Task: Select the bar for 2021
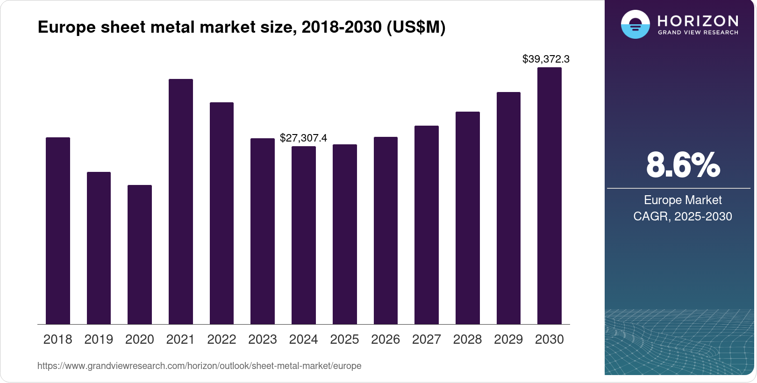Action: coord(180,202)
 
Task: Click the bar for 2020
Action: coord(139,255)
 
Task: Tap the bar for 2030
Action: coord(549,196)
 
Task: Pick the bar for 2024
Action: coord(303,235)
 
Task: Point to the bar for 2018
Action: coord(57,231)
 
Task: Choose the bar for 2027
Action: coord(426,225)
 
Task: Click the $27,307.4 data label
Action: coord(303,138)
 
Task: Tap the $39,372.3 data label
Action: coord(546,59)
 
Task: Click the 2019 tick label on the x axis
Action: coord(99,340)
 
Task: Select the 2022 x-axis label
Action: coord(221,340)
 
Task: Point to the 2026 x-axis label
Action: coord(385,340)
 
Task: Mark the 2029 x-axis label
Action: coord(508,340)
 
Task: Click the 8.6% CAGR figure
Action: coord(683,165)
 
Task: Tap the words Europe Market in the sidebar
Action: coord(683,200)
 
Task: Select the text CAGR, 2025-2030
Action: coord(682,216)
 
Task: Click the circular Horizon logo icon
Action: coord(635,24)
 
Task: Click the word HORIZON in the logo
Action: coord(698,21)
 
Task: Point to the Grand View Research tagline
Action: coord(698,33)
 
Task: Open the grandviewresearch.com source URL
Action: coord(199,366)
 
